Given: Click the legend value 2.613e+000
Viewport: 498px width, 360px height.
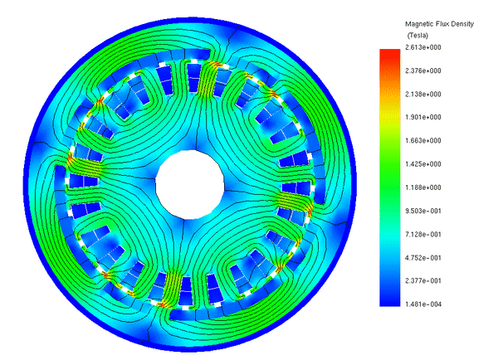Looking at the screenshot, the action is pos(423,47).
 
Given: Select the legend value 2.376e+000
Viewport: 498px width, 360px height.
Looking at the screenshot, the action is pos(423,71).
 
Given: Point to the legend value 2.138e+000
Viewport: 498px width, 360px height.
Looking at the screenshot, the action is pos(423,94).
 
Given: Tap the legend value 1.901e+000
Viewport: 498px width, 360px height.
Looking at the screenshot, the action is pos(423,117).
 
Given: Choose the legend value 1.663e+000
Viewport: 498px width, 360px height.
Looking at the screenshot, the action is pos(423,141).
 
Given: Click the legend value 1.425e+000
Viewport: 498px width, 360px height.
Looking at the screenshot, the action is pos(423,164).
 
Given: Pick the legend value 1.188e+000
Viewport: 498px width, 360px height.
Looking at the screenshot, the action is pos(423,187).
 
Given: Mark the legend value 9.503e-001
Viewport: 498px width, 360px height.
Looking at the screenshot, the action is pos(423,212).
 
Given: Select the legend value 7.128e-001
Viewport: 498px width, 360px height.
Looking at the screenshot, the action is pos(423,234).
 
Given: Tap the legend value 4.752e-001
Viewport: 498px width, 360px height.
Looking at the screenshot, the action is pos(423,258).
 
